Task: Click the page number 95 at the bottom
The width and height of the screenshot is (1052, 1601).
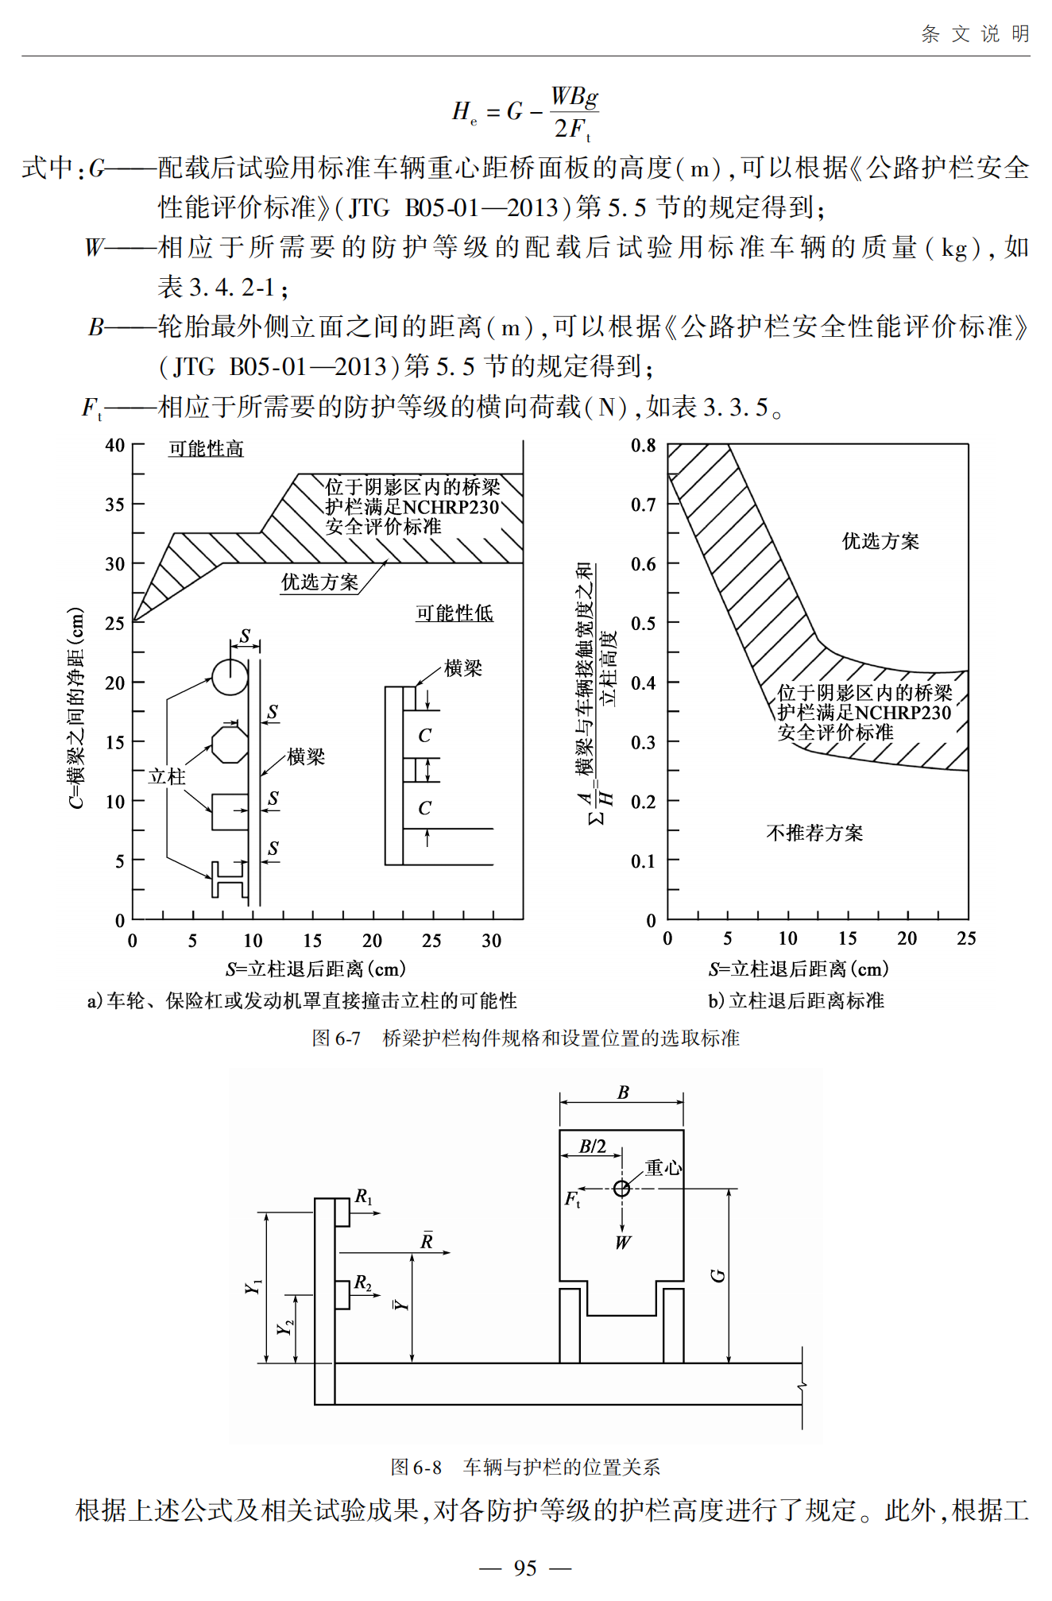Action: tap(525, 1568)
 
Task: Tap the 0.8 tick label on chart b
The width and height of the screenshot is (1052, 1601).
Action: tap(644, 445)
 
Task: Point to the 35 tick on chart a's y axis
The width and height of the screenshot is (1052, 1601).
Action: tap(115, 505)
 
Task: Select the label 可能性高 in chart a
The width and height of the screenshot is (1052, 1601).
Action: tap(206, 449)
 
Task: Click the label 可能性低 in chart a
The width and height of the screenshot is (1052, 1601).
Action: tap(454, 613)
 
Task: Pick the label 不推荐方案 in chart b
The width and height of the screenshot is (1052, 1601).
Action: tap(814, 833)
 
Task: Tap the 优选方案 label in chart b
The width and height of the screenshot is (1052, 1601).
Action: tap(880, 541)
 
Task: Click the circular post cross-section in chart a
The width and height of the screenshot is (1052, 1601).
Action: tap(230, 678)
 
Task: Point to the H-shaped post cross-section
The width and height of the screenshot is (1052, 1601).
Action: tap(229, 879)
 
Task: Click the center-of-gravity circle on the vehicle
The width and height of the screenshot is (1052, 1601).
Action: tap(622, 1189)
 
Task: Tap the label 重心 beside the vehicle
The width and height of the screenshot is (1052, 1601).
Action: tap(663, 1167)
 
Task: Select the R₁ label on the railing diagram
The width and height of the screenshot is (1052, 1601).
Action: tap(363, 1197)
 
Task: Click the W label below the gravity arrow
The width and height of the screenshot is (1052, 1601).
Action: tap(623, 1243)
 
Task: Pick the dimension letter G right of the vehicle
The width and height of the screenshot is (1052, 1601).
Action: tap(717, 1276)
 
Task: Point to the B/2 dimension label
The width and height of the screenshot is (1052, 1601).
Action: tap(593, 1147)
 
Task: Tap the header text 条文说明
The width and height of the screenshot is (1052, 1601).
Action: tap(975, 34)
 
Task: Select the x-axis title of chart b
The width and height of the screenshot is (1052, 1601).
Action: tap(799, 969)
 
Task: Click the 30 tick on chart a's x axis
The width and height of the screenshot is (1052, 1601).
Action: tap(491, 941)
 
